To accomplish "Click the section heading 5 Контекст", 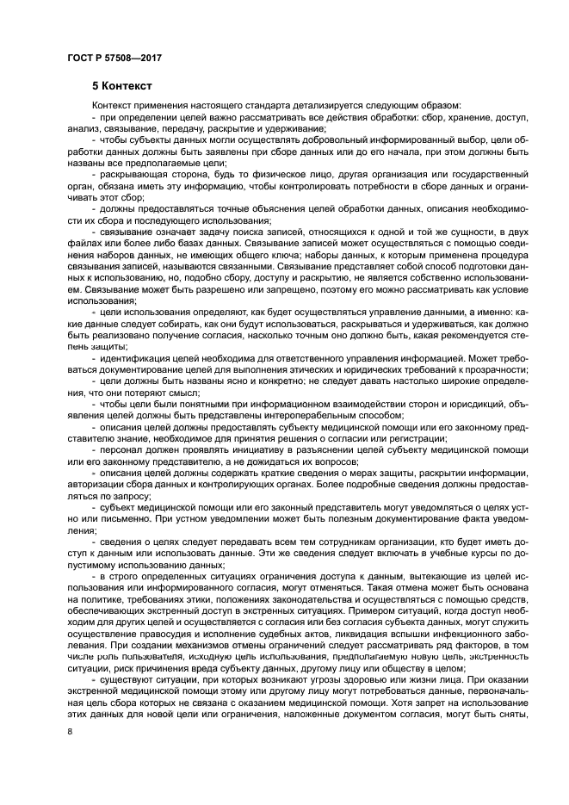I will pyautogui.click(x=123, y=86).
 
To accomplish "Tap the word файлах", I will pyautogui.click(x=83, y=245).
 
